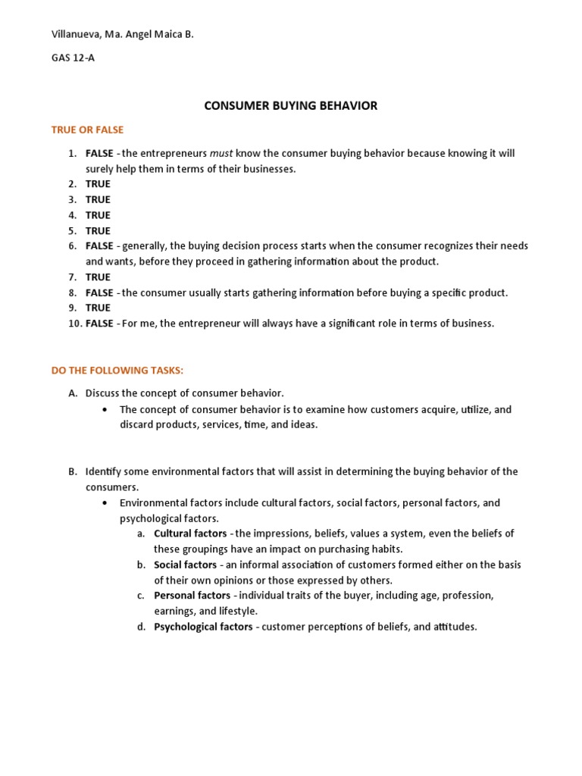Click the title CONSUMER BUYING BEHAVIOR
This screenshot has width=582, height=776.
(291, 106)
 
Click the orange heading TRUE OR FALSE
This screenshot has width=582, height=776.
(87, 130)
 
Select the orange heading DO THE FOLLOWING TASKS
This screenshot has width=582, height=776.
(117, 370)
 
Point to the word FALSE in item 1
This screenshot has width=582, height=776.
(99, 153)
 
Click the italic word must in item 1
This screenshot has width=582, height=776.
(221, 153)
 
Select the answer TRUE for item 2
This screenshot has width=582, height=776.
(98, 184)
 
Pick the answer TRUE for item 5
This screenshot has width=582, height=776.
(98, 230)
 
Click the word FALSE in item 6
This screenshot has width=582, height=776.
(99, 246)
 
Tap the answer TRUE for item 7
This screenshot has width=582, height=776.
(98, 277)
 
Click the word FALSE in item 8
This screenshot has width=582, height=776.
(99, 293)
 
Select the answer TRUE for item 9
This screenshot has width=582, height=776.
(98, 308)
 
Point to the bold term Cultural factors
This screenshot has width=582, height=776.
(190, 533)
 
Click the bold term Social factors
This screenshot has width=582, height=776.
(185, 565)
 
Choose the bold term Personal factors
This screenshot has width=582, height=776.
(192, 596)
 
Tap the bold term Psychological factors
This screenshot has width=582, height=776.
(203, 627)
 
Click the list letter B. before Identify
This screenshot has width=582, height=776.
(72, 471)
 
